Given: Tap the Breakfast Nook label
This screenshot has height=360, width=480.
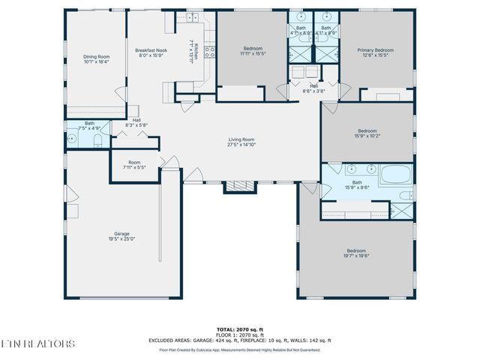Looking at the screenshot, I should (x=151, y=50).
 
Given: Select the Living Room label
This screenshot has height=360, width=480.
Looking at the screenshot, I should (x=241, y=139).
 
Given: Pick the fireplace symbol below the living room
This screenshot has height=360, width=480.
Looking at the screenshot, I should (x=238, y=185).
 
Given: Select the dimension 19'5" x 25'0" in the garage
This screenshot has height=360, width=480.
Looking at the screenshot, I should (x=121, y=239).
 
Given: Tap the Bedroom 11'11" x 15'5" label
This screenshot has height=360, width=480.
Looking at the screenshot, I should (x=252, y=50).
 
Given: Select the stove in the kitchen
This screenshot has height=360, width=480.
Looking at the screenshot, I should (x=210, y=52).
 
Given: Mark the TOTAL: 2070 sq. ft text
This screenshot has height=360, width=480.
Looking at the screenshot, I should (x=240, y=329).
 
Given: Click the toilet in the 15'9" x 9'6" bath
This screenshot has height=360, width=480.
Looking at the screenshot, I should (x=404, y=196).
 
